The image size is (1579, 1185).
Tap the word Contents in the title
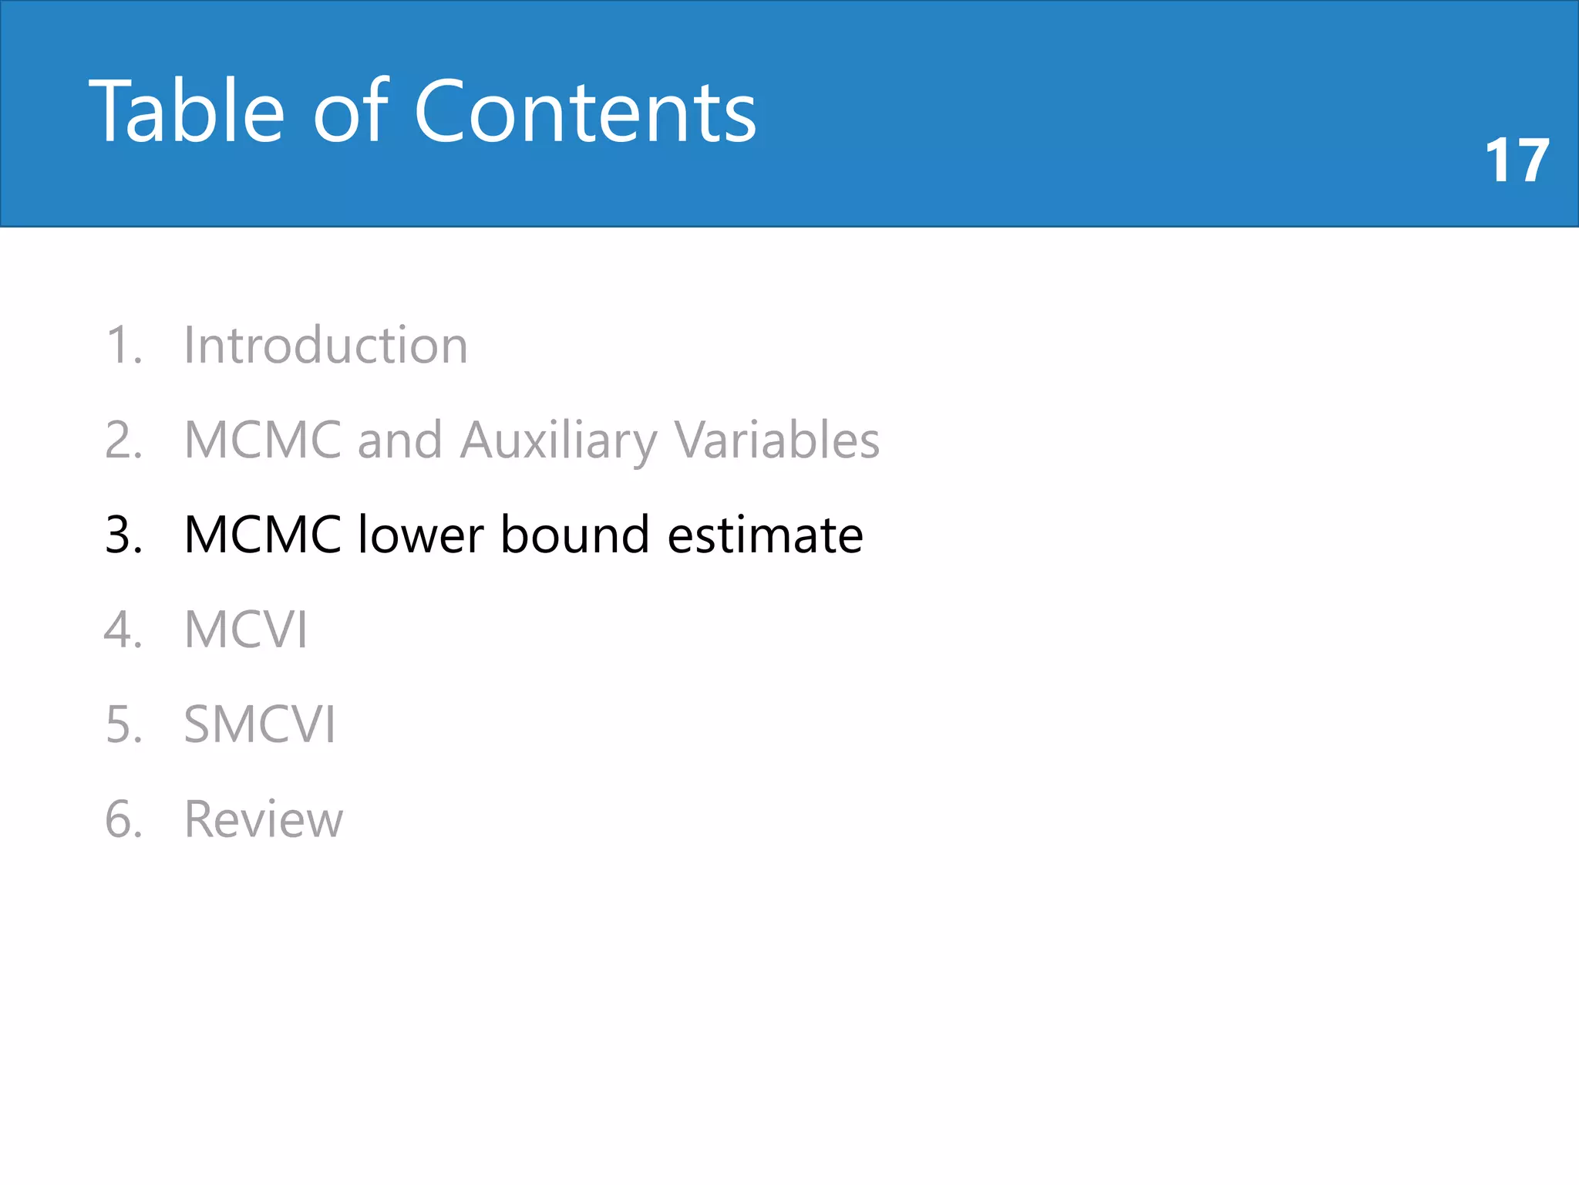pos(585,113)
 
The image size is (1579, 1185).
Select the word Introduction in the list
pos(325,345)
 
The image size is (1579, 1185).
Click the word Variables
pos(777,441)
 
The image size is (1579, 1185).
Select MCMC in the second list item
pos(263,441)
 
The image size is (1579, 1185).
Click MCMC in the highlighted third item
pos(263,535)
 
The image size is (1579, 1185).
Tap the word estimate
pos(765,535)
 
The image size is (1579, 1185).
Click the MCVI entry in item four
pos(246,630)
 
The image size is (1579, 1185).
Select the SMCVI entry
pos(260,724)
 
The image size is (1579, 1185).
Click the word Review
pos(264,819)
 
